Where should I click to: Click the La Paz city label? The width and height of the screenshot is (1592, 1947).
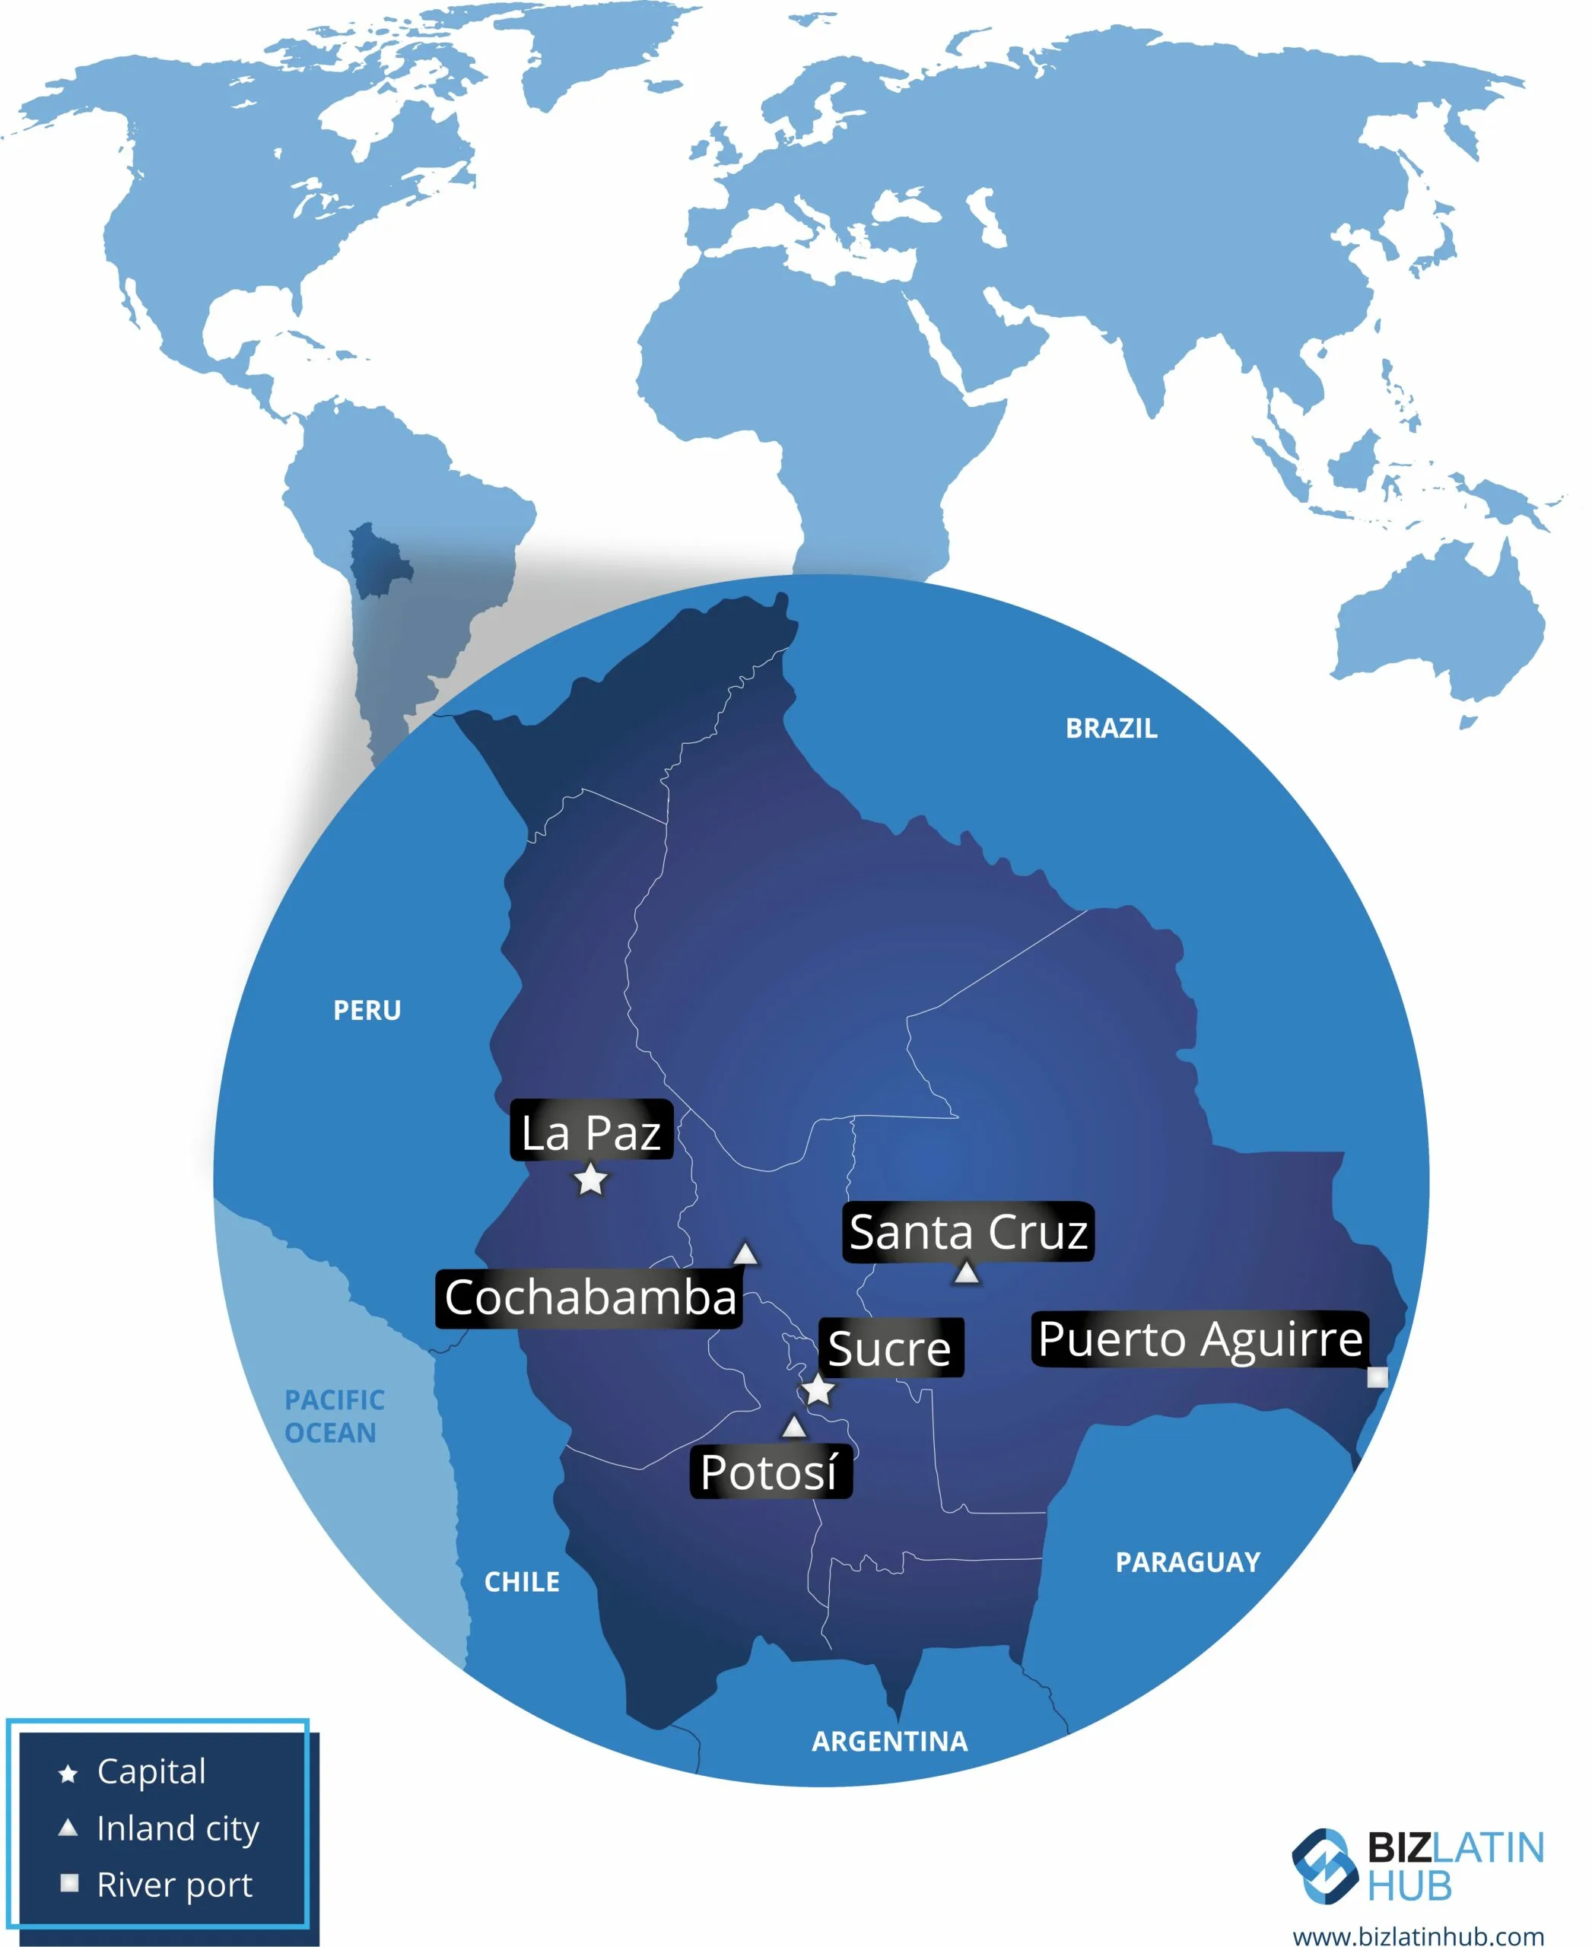pos(592,1132)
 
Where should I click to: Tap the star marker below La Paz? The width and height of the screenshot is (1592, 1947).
pos(590,1180)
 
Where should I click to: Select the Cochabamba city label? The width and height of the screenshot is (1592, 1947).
pos(589,1297)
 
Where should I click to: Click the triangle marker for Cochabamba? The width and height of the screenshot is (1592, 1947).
pos(745,1253)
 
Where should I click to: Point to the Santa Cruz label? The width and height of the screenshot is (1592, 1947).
pos(968,1231)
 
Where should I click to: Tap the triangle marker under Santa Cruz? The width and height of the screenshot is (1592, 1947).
pos(967,1273)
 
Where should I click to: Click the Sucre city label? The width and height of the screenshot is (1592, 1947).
pos(889,1348)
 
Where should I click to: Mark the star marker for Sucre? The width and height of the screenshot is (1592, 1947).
pos(818,1390)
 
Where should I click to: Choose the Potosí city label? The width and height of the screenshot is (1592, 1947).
pos(770,1472)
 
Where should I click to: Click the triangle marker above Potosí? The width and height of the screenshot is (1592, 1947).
pos(794,1427)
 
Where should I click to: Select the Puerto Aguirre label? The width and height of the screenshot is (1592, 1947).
pos(1200,1339)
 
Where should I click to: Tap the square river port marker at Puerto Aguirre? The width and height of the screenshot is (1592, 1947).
pos(1377,1377)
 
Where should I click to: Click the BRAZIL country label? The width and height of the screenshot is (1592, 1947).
pos(1111,728)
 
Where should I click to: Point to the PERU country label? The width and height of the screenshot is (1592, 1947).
pos(367,1011)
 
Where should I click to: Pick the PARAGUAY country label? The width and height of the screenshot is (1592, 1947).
pos(1187,1562)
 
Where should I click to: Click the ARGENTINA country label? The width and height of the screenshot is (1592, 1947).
pos(889,1742)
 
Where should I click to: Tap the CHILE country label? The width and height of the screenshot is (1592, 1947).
pos(522,1582)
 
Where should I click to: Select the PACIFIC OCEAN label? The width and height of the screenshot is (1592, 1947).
pos(333,1416)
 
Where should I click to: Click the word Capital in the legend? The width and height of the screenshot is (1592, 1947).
pos(151,1771)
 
